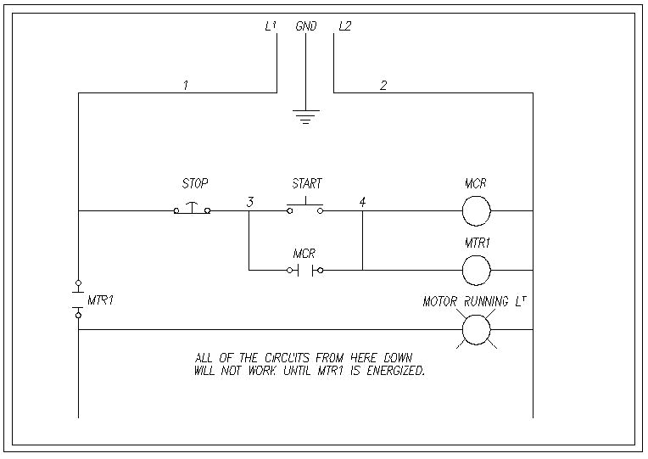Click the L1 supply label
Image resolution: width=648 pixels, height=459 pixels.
tap(271, 26)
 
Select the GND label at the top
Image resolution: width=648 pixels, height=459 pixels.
tap(306, 26)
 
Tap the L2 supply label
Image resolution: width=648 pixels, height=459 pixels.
tap(344, 26)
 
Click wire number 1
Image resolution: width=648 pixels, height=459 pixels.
tap(185, 85)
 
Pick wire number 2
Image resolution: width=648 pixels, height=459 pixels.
tap(383, 85)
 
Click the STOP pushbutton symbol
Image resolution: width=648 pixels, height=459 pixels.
tap(193, 209)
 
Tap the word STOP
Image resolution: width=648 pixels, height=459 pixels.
tap(195, 183)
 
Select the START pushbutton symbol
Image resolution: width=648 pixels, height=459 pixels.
tap(305, 207)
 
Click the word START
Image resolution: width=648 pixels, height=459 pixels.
tap(307, 183)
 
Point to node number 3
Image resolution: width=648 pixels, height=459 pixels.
tap(249, 202)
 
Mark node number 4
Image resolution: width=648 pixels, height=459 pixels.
tap(362, 202)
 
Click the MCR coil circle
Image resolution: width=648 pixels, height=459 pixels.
tap(477, 210)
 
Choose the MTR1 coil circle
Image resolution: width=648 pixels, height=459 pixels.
tap(477, 270)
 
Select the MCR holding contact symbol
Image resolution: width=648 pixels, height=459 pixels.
tap(305, 270)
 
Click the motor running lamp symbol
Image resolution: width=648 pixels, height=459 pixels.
tap(477, 329)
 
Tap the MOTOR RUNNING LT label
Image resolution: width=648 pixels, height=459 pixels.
tap(478, 302)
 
